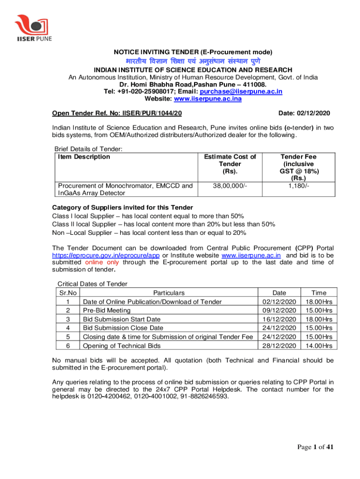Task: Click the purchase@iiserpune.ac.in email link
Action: coord(241,92)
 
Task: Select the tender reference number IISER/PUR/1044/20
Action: coord(153,114)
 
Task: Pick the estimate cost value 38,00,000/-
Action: coord(230,186)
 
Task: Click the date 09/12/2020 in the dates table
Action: coord(280,311)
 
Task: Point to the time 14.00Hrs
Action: coord(318,346)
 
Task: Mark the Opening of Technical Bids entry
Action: coord(122,346)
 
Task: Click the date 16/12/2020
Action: coord(280,319)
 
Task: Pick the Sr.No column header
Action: coord(67,293)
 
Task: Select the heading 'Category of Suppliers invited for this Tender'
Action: coord(122,208)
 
